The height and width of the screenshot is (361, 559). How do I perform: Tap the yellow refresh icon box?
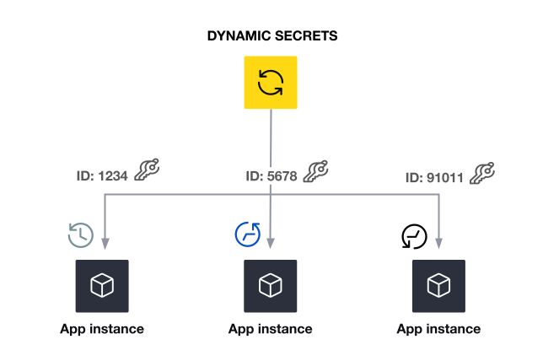270,83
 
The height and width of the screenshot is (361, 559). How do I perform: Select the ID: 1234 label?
100,176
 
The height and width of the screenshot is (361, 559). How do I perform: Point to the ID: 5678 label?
271,176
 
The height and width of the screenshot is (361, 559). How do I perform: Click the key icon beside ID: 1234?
146,170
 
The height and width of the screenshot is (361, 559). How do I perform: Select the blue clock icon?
247,234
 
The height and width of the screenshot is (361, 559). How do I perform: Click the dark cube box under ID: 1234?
102,287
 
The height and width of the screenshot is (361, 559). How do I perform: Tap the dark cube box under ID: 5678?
270,287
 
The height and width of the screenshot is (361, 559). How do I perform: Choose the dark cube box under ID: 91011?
438,287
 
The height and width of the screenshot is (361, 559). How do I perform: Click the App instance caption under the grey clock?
102,329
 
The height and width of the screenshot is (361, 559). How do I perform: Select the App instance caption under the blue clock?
270,329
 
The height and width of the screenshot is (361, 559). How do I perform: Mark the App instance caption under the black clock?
438,329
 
